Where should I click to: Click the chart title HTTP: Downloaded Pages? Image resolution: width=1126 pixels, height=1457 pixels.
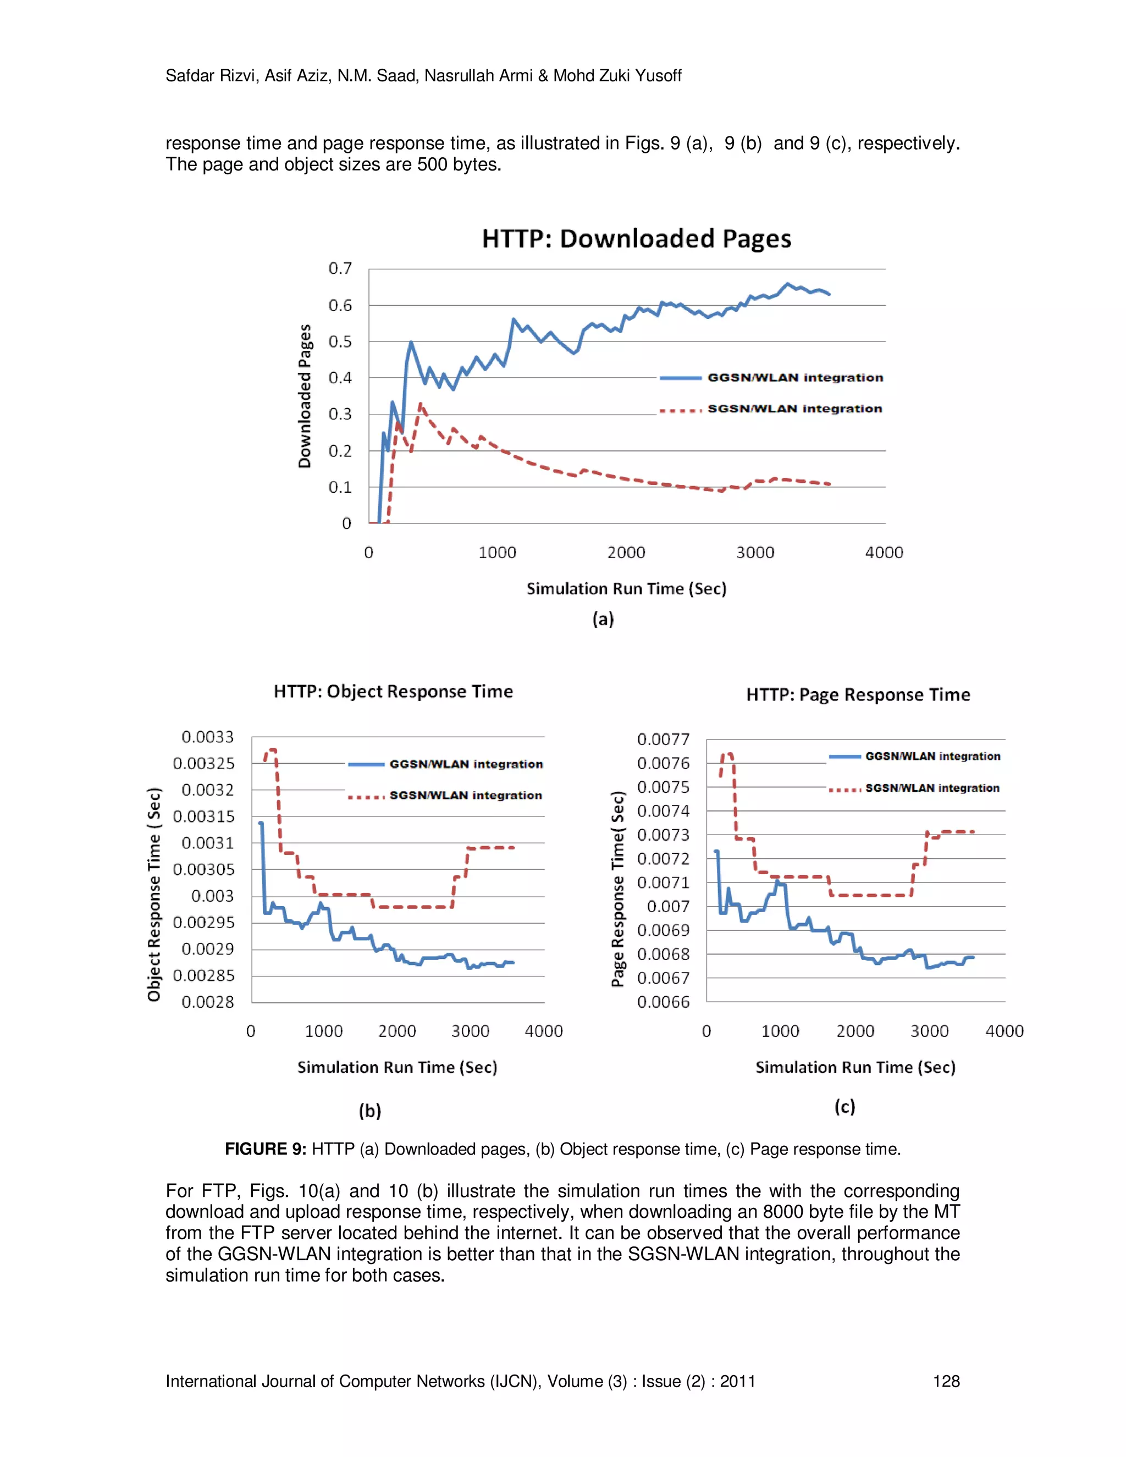636,239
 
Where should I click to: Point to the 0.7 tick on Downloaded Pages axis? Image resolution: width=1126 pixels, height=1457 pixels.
340,268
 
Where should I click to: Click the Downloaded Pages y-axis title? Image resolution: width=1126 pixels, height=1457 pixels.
305,396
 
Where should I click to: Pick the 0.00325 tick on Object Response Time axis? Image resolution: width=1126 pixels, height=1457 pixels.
203,763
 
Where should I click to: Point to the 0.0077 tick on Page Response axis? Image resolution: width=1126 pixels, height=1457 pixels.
663,739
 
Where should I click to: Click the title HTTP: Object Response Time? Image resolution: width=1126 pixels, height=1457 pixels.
393,692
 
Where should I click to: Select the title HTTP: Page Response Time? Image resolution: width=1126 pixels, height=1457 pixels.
858,695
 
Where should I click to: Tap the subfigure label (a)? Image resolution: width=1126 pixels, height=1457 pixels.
603,619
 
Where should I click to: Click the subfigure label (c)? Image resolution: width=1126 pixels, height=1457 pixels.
844,1107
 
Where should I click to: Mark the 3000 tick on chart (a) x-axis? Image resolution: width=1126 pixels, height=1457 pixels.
755,553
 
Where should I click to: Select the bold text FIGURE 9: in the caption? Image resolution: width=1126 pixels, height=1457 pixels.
265,1149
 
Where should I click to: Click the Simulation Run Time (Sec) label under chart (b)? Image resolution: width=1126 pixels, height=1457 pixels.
397,1067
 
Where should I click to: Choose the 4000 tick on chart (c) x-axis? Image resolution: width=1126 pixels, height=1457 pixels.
1004,1031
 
